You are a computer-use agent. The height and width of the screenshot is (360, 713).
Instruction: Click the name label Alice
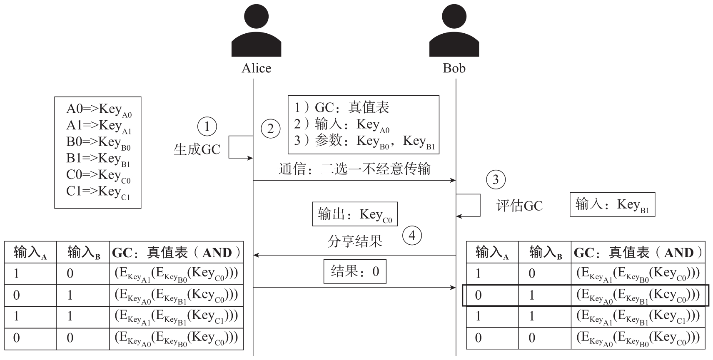pyautogui.click(x=256, y=68)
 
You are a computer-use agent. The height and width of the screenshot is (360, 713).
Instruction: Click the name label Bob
pyautogui.click(x=454, y=68)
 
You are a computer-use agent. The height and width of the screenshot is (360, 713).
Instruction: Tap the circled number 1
pyautogui.click(x=207, y=126)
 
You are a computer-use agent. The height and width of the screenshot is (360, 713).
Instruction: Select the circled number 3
pyautogui.click(x=496, y=180)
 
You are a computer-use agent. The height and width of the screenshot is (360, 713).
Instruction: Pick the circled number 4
pyautogui.click(x=412, y=236)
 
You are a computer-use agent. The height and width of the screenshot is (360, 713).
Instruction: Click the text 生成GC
pyautogui.click(x=197, y=149)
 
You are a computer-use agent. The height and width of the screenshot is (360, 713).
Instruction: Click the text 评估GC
pyautogui.click(x=519, y=206)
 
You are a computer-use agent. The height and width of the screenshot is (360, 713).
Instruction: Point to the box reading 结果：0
pyautogui.click(x=355, y=271)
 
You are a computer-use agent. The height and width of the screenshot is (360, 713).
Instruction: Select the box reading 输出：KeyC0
pyautogui.click(x=355, y=214)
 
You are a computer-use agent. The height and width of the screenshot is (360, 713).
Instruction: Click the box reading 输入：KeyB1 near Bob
pyautogui.click(x=612, y=204)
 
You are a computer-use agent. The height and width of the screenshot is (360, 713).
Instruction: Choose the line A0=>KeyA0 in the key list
pyautogui.click(x=99, y=109)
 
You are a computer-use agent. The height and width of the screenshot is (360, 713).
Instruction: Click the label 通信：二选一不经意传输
pyautogui.click(x=354, y=169)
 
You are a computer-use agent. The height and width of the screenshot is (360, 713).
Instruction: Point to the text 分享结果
pyautogui.click(x=355, y=241)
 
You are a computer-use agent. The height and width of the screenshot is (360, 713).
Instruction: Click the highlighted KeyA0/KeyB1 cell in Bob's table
pyautogui.click(x=638, y=295)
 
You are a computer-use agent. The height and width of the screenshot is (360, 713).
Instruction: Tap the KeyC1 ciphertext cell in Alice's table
pyautogui.click(x=176, y=317)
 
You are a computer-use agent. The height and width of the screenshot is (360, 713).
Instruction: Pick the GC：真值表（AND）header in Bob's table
pyautogui.click(x=638, y=253)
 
